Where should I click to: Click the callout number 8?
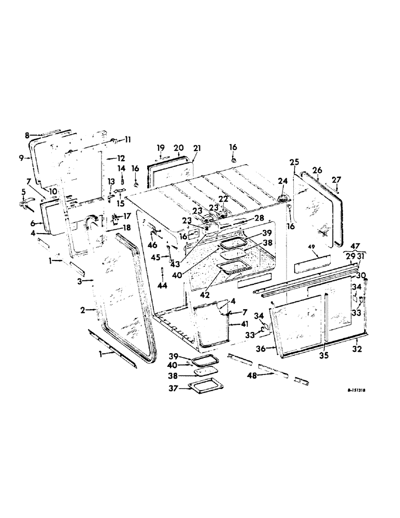(x=27, y=135)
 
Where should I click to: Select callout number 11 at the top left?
(x=127, y=139)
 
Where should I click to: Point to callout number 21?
(x=197, y=148)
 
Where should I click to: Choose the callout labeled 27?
(x=337, y=180)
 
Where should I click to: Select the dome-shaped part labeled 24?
(x=283, y=197)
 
